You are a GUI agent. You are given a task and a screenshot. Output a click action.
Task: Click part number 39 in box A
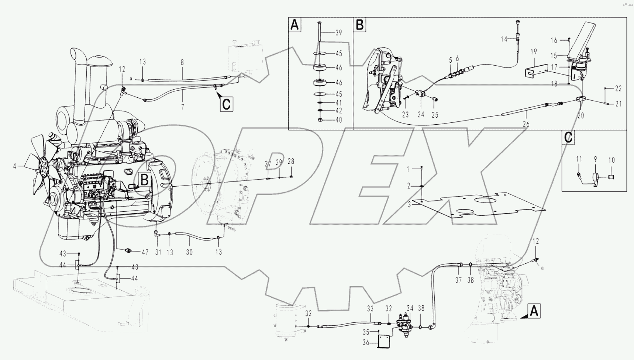338,33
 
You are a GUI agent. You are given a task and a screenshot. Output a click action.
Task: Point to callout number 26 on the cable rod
526,124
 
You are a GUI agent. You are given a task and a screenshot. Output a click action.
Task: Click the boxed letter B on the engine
145,180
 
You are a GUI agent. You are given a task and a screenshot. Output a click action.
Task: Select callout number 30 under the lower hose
189,253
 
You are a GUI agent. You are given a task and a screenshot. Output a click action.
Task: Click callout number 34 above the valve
410,308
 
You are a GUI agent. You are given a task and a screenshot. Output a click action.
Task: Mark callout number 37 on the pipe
458,280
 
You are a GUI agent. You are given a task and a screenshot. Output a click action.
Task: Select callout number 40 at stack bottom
338,120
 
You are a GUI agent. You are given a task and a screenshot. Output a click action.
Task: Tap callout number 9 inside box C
595,159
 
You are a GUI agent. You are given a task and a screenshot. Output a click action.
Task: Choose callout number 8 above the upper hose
182,63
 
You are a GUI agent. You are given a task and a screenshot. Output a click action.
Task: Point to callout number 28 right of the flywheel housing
291,162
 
